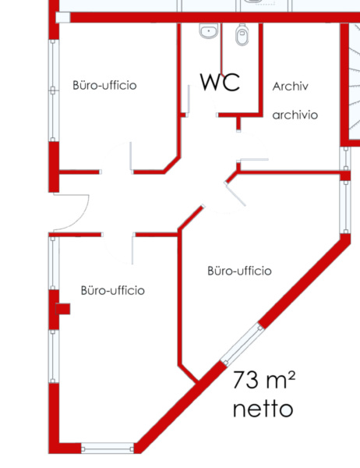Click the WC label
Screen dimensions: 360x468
pos(220,82)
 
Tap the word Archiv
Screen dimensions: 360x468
pos(290,87)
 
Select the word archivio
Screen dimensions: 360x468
pos(295,115)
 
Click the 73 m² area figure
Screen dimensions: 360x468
pos(264,380)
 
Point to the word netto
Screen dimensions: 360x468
pos(263,409)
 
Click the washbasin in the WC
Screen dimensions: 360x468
pos(209,30)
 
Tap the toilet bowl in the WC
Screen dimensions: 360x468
pos(242,34)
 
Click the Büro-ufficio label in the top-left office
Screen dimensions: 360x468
pos(104,85)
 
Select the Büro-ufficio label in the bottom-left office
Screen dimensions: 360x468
pos(113,290)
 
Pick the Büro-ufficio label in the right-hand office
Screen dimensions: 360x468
pos(239,271)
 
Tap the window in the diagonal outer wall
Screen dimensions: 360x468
pos(242,344)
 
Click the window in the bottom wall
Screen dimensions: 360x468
pos(108,448)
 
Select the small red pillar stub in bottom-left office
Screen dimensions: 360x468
pos(63,309)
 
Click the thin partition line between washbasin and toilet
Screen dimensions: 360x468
pos(221,49)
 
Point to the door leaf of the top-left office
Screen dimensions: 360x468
pos(131,157)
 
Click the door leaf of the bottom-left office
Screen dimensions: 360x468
pos(132,250)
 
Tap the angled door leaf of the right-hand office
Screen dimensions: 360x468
pos(235,194)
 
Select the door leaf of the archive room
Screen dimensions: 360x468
pos(254,160)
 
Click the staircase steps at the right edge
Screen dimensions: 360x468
pos(354,80)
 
